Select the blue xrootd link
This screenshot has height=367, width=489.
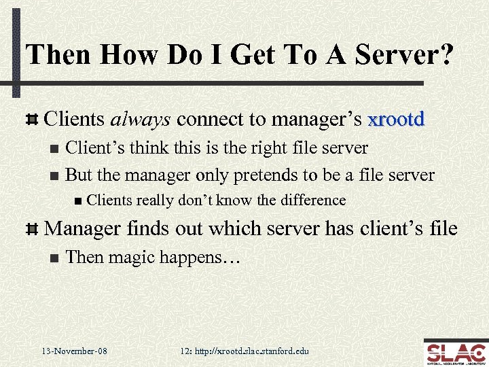396,120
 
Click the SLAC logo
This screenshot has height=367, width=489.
454,352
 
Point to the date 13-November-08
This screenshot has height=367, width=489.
74,351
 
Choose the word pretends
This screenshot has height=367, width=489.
267,175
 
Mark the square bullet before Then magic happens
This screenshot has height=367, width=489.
54,258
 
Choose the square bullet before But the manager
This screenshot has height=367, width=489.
54,175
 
